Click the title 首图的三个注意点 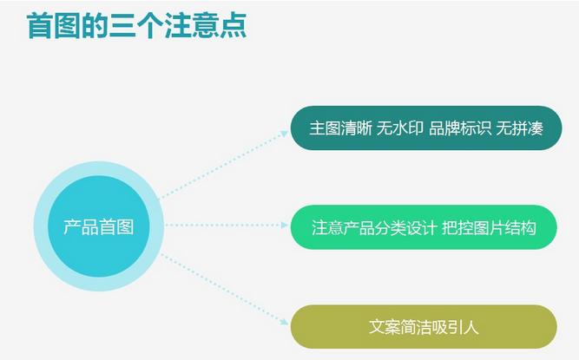136,26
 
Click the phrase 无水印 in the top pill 400,128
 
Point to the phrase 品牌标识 459,128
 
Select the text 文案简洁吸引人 424,327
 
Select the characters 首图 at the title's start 50,26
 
